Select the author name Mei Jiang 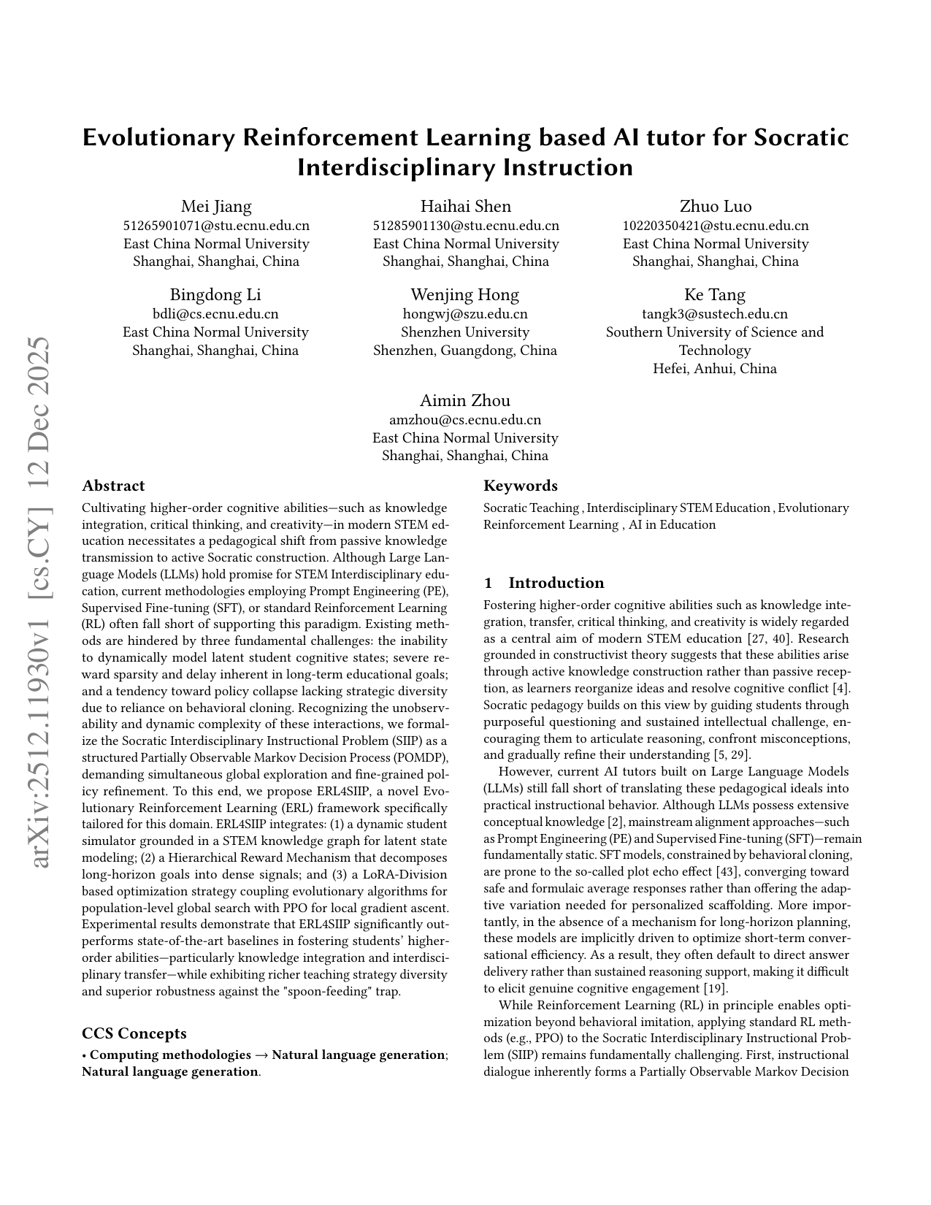point(216,207)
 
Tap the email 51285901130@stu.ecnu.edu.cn point(466,226)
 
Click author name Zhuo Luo point(716,207)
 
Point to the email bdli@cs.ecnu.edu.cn point(215,314)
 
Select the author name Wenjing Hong point(465,295)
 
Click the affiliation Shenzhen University point(465,332)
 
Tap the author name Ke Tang point(715,295)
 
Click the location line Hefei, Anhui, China point(715,368)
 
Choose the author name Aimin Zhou point(465,401)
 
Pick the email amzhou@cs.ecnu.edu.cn point(465,420)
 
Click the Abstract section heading point(113,486)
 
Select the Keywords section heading point(521,486)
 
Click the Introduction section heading point(556,583)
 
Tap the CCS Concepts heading point(134,1033)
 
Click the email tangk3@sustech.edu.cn point(715,314)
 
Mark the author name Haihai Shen point(466,207)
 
